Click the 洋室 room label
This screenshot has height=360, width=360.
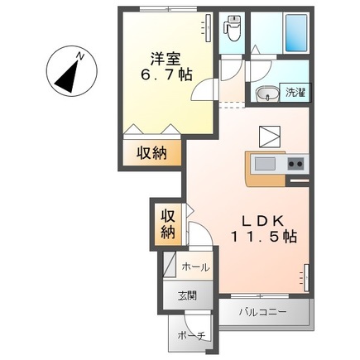(165, 58)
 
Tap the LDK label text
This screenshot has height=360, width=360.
(263, 221)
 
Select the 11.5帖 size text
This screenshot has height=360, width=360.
(264, 237)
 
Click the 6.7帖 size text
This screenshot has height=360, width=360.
(166, 74)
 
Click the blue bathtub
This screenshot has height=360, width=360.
(296, 32)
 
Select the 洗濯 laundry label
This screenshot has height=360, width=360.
(295, 93)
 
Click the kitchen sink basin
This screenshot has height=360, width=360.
(265, 164)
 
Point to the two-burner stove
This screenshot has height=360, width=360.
(296, 164)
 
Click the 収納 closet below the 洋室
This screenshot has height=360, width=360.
(151, 152)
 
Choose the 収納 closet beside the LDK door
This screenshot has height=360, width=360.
(168, 224)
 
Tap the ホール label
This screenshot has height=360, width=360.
(195, 267)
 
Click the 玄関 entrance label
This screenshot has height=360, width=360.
(187, 296)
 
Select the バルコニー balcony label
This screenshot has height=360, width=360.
(262, 313)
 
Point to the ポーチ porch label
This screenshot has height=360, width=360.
(192, 336)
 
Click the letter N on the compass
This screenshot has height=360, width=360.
(80, 56)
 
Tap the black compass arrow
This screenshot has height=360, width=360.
(67, 76)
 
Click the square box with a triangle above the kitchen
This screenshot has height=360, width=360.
(270, 137)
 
